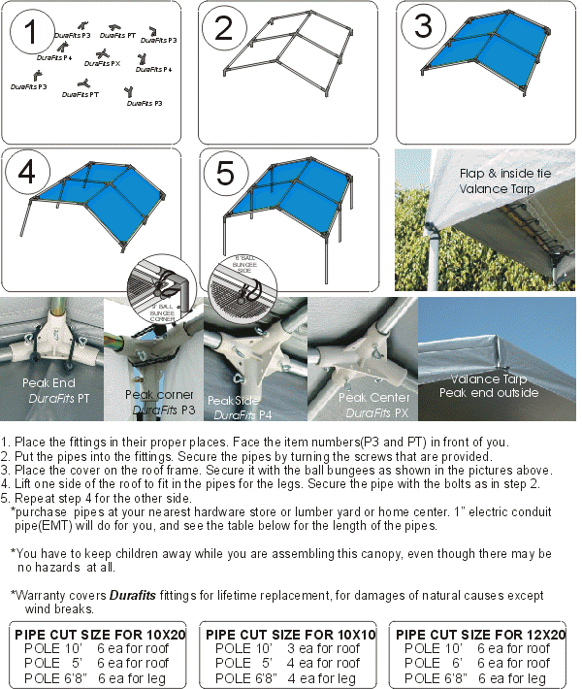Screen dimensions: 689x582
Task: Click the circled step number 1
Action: click(x=31, y=33)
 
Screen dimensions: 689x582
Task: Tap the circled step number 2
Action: click(x=224, y=29)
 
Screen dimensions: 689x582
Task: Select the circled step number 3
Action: click(x=423, y=26)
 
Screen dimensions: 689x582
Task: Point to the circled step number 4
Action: click(x=27, y=173)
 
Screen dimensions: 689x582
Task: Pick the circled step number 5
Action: click(x=225, y=174)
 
